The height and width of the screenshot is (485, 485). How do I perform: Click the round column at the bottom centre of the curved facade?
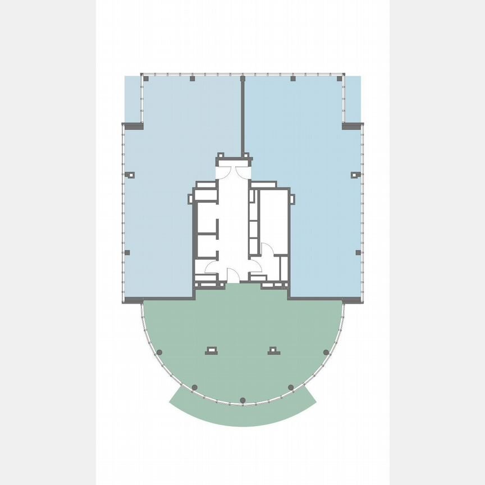click(242, 400)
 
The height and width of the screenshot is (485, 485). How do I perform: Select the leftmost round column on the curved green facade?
click(159, 352)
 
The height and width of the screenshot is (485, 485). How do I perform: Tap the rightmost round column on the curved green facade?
click(326, 352)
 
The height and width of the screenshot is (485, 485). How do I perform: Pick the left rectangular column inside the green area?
click(212, 350)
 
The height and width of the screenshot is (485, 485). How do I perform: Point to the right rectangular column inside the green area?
click(273, 350)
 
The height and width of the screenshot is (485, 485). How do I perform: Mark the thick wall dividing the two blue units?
click(243, 118)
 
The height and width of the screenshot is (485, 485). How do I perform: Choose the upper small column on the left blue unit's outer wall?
click(130, 175)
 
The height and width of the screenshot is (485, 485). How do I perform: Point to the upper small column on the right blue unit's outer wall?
click(354, 175)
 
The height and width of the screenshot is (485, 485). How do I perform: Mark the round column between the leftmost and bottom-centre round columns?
click(194, 387)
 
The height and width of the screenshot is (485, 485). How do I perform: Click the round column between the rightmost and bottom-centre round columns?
click(291, 387)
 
